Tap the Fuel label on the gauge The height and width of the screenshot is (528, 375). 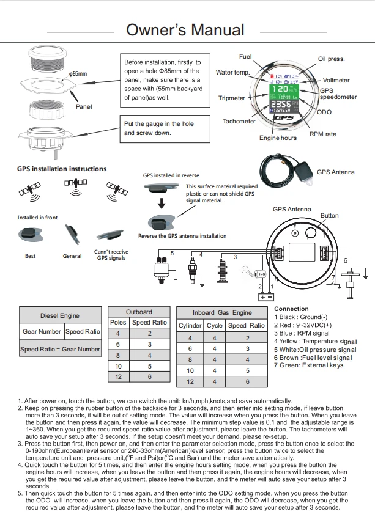[x=245, y=57]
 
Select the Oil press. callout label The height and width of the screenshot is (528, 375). [x=331, y=59]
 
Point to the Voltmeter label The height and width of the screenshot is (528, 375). [x=336, y=81]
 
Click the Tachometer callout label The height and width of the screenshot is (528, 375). [x=239, y=122]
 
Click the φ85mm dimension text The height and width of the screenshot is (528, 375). [x=78, y=74]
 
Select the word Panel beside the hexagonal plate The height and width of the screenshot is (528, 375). [x=84, y=107]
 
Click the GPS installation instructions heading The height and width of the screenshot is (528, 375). [x=62, y=169]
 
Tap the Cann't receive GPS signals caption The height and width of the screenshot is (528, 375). [x=111, y=255]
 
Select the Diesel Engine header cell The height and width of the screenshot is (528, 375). [x=60, y=316]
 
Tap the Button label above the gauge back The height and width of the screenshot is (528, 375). [x=329, y=216]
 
